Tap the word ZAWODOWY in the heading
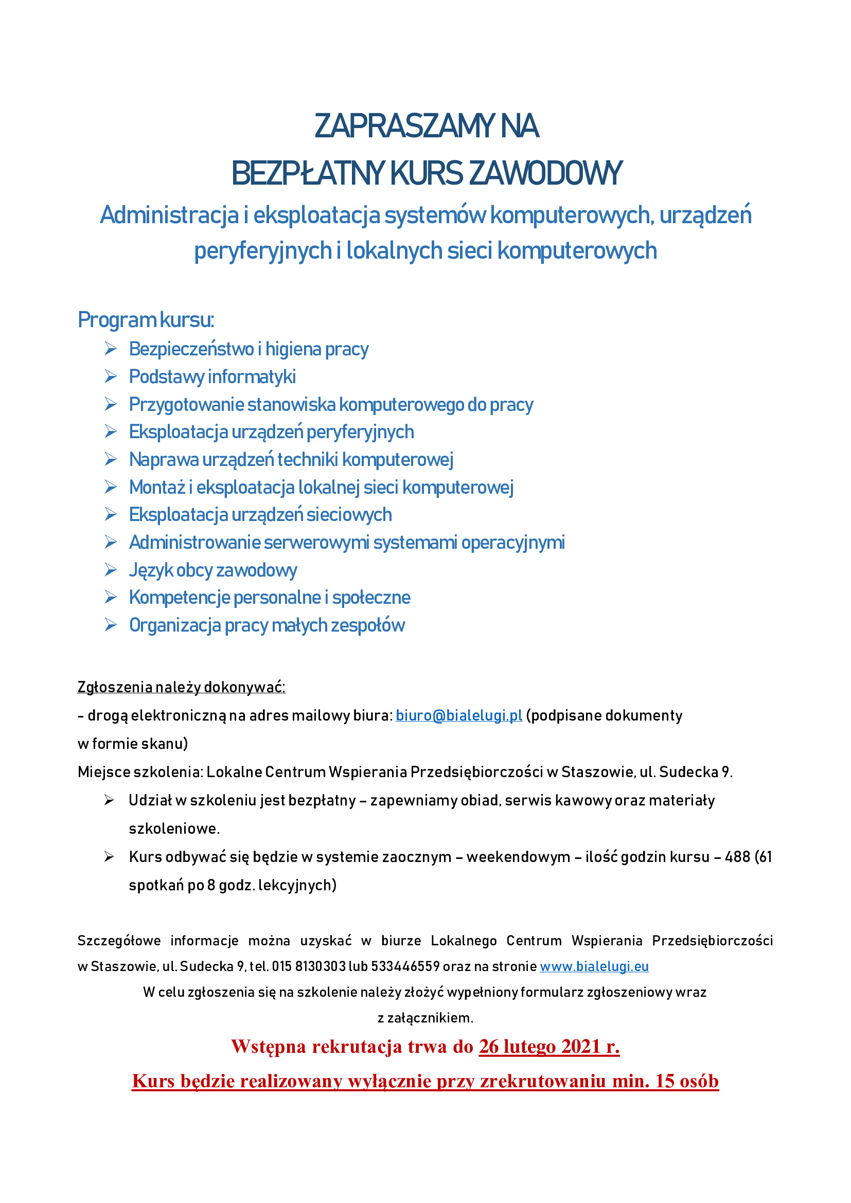point(545,173)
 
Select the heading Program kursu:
point(146,319)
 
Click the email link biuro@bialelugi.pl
point(458,716)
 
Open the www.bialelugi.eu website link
point(594,966)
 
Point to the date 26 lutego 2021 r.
point(548,1046)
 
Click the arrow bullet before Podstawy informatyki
point(110,376)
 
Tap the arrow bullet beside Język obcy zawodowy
point(110,569)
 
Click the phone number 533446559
point(405,966)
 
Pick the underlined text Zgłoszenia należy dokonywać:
point(181,687)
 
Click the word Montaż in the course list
point(157,487)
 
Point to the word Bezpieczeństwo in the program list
point(191,349)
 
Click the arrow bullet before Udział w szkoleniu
point(109,800)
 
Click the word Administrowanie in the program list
point(194,542)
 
